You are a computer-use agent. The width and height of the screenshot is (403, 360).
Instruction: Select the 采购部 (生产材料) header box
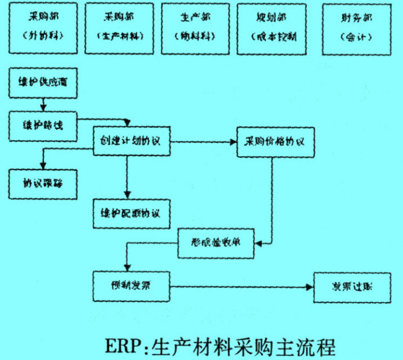tap(119, 28)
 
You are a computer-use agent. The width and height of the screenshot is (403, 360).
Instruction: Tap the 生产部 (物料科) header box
tap(195, 28)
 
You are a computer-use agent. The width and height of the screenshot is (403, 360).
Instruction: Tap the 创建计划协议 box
tap(131, 141)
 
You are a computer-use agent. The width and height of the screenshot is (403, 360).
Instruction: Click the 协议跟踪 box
tap(43, 183)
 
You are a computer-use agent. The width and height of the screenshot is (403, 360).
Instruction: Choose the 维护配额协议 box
tap(131, 214)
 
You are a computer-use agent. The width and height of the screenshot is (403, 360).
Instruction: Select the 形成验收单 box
tap(217, 243)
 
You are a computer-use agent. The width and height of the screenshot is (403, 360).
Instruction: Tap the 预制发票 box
tap(131, 286)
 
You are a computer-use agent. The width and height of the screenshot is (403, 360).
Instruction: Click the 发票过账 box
tap(351, 287)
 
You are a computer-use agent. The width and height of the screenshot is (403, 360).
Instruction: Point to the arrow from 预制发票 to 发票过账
tap(242, 286)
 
